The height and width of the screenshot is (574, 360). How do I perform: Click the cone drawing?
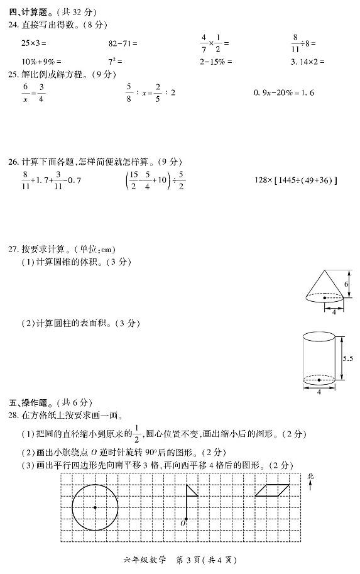tap(324, 289)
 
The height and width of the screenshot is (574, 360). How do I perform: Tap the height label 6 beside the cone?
tap(346, 285)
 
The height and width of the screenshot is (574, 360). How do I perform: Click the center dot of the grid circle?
tap(95, 507)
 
